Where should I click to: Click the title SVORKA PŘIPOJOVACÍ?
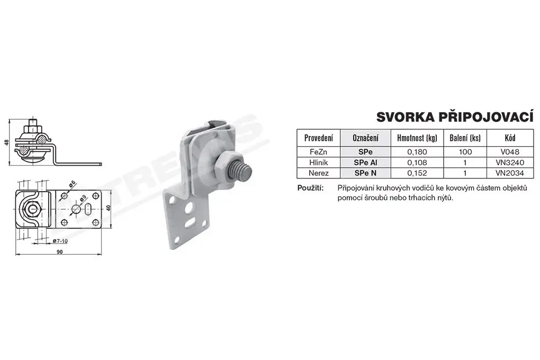(455, 117)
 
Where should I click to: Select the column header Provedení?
(319, 138)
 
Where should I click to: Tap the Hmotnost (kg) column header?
(417, 138)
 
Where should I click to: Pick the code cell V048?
(510, 152)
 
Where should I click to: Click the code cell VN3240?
(510, 163)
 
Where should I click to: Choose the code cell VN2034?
(510, 173)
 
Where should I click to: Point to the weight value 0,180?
(417, 152)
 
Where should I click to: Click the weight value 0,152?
(417, 173)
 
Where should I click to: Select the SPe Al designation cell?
(365, 163)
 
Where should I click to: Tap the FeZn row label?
(319, 152)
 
